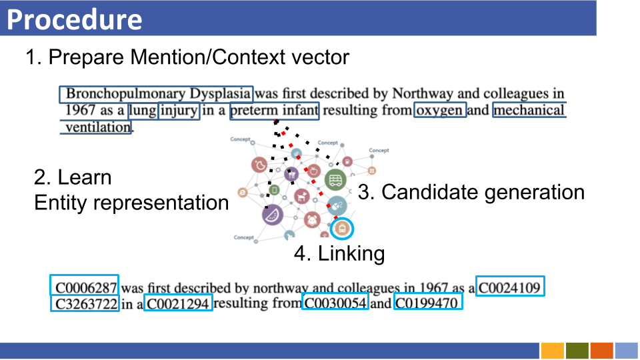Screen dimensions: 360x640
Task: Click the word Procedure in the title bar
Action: (75, 20)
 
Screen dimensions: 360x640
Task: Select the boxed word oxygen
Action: (440, 111)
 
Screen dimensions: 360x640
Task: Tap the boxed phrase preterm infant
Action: (275, 111)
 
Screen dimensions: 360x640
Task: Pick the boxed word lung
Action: (143, 111)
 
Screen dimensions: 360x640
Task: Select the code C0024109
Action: (511, 288)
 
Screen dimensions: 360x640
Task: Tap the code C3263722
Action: (86, 305)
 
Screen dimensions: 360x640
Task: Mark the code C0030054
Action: (335, 305)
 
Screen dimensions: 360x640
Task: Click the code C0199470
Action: (427, 305)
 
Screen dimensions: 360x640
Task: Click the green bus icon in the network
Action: (335, 179)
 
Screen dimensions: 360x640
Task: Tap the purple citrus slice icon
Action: (273, 215)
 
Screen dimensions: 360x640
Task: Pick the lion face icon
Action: (312, 219)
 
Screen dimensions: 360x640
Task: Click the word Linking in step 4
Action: (351, 254)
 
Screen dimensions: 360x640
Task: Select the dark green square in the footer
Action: (577, 351)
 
